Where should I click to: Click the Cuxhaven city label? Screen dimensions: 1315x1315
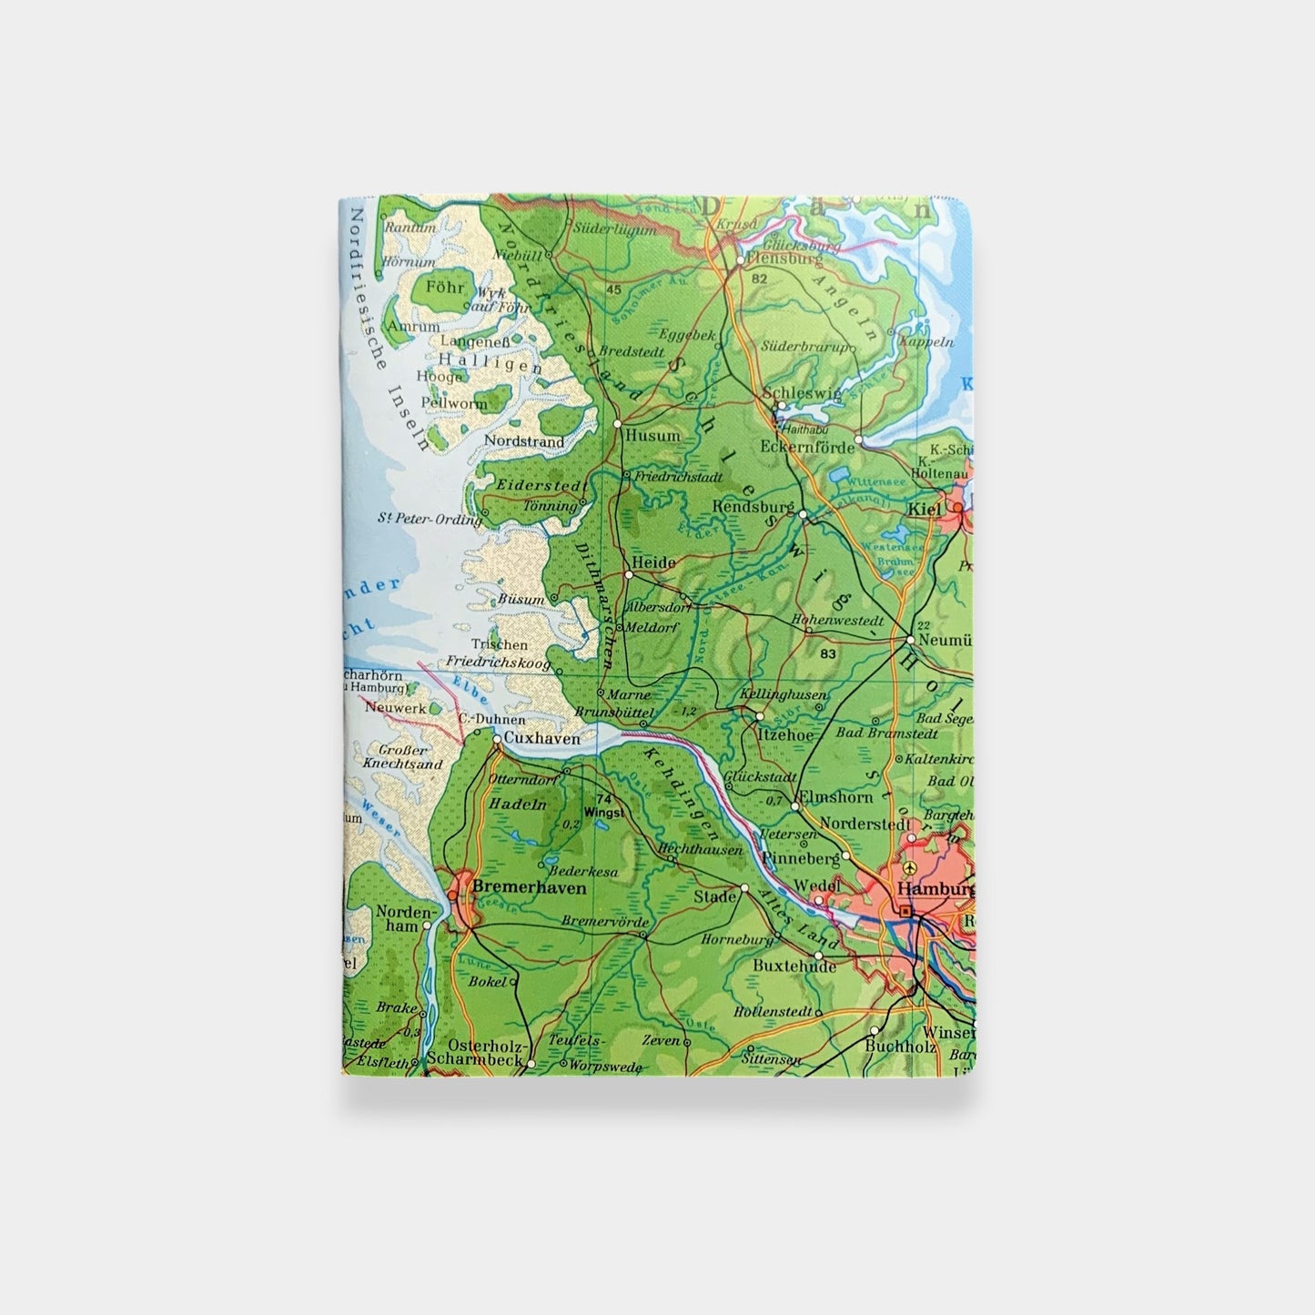(541, 739)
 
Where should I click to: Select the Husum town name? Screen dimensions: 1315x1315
(652, 436)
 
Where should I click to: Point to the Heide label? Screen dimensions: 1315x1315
(654, 563)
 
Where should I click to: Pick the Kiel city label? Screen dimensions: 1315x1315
(925, 510)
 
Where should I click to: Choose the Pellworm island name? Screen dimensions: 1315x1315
(455, 402)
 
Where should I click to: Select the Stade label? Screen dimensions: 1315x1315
(714, 896)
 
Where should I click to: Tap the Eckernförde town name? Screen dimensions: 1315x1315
(809, 447)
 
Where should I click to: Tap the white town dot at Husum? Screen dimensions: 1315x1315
(618, 424)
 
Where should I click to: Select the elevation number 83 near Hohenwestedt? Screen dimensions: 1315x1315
(827, 653)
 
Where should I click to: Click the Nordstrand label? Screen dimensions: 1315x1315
(524, 441)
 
